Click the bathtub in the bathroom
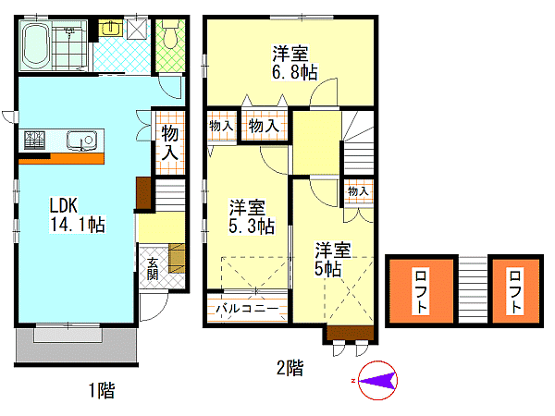[35, 46]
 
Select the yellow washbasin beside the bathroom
[111, 28]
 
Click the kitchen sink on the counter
[81, 141]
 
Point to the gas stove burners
[35, 140]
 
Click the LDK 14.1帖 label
[77, 214]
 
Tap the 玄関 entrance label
[153, 269]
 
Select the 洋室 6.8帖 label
[294, 63]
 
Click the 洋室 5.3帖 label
[252, 217]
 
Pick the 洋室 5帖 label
[333, 259]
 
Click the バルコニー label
[247, 309]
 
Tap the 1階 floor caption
[102, 390]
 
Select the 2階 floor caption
[290, 368]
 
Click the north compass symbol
[377, 381]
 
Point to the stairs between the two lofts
[473, 290]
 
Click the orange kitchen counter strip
[61, 159]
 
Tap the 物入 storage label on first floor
[170, 143]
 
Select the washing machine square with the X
[137, 28]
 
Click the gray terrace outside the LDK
[76, 345]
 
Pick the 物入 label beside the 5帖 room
[358, 191]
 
